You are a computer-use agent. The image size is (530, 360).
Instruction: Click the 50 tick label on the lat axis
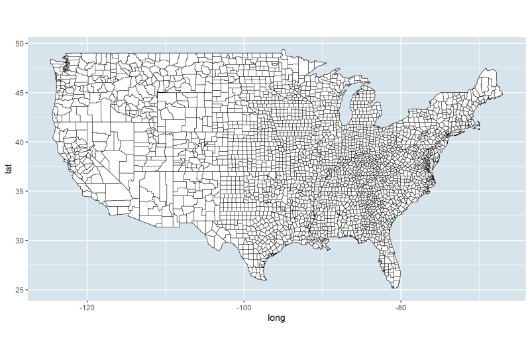point(21,44)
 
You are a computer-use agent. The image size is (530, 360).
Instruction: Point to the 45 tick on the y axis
point(21,93)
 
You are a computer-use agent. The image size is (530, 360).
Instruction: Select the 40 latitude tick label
point(21,142)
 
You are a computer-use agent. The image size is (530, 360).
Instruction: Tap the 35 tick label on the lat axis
point(21,192)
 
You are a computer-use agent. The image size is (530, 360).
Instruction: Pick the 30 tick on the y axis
point(21,241)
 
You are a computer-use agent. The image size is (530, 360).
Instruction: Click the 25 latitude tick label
point(21,290)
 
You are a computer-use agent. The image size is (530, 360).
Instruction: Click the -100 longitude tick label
point(244,307)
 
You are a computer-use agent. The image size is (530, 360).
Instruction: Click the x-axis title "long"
point(276,318)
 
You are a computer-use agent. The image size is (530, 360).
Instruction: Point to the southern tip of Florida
point(395,287)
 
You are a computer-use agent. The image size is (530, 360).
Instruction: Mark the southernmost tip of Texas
point(264,280)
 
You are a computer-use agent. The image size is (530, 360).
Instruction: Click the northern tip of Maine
point(488,69)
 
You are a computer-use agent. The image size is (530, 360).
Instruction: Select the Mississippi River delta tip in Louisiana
point(329,249)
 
